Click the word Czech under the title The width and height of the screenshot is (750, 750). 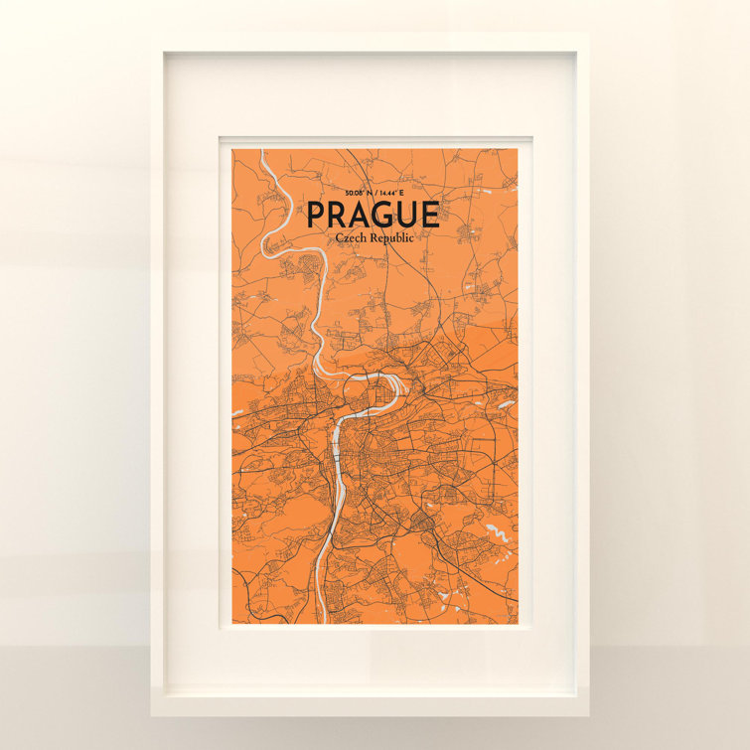click(x=353, y=239)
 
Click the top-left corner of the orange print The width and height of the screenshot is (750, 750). click(x=232, y=149)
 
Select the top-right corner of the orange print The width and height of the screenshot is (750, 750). click(x=519, y=149)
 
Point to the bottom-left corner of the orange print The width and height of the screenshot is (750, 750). click(x=232, y=624)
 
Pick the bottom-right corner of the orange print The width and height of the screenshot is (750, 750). click(x=519, y=624)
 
